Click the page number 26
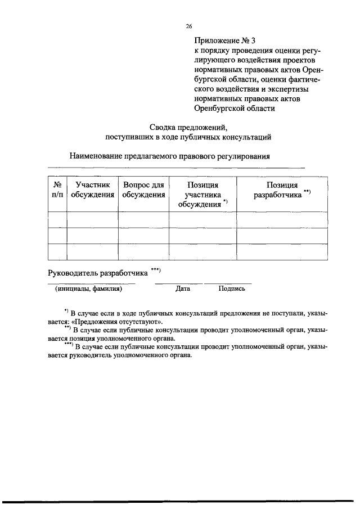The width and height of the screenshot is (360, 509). click(x=189, y=26)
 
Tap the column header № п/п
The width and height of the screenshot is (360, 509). click(x=57, y=190)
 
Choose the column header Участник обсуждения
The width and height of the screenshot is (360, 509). click(x=92, y=190)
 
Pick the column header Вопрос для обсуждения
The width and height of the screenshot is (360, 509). click(x=143, y=190)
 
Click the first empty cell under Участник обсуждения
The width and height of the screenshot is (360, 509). click(x=92, y=219)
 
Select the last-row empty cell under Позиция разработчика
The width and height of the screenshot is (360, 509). click(x=282, y=251)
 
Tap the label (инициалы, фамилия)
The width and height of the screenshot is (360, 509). click(x=88, y=289)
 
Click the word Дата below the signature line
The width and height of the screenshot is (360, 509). click(x=182, y=289)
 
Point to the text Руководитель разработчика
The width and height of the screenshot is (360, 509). click(x=97, y=274)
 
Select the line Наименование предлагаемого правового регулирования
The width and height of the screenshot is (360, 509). click(x=170, y=156)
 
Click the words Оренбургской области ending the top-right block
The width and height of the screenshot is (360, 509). click(x=235, y=108)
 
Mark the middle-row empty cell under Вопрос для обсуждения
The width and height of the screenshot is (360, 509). click(x=143, y=235)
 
